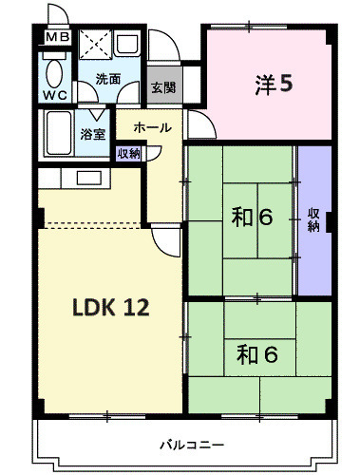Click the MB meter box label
[58, 37]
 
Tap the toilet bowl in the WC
[54, 74]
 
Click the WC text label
[55, 95]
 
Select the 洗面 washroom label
[108, 79]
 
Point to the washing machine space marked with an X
[95, 45]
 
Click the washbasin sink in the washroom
[126, 44]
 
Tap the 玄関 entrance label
[163, 87]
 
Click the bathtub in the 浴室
[59, 133]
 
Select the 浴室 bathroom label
[92, 134]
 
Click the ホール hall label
[152, 127]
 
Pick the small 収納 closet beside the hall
[128, 154]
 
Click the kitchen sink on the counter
[89, 178]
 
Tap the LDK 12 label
[111, 307]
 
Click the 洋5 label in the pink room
[274, 85]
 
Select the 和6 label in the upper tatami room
[252, 218]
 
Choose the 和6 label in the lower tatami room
[257, 354]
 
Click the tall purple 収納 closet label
[313, 220]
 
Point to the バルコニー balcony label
[192, 446]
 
